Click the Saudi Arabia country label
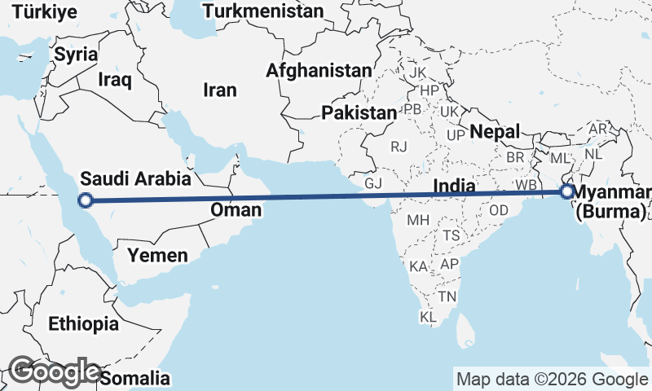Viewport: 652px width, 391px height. click(x=136, y=178)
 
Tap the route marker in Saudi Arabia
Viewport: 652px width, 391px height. click(x=84, y=200)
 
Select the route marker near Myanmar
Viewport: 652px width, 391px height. click(x=566, y=192)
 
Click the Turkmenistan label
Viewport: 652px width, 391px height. click(x=263, y=11)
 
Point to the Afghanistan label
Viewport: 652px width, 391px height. click(x=319, y=71)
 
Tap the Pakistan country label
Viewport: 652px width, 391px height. click(x=359, y=112)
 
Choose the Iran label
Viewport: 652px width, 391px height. click(x=219, y=90)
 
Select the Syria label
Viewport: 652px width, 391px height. click(x=76, y=55)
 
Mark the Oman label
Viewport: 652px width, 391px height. click(x=236, y=209)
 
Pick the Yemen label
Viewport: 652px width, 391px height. click(x=157, y=255)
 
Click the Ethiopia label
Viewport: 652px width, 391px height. click(x=83, y=323)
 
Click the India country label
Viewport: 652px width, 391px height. click(x=454, y=186)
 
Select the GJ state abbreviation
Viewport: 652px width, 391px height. click(x=373, y=183)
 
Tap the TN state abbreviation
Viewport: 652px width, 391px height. click(x=447, y=297)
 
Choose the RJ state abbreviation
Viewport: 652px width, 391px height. click(x=399, y=147)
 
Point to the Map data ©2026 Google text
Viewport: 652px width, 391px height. click(x=551, y=379)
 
